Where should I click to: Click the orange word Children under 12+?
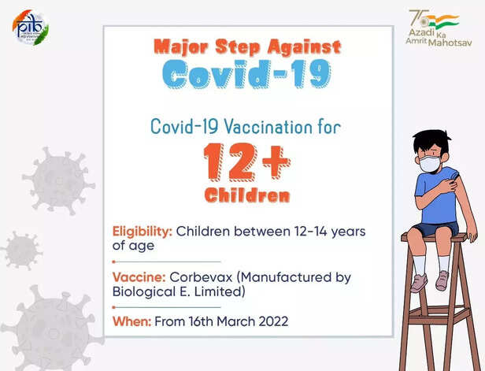247,195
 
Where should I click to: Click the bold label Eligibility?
143,232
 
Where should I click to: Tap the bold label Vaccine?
139,277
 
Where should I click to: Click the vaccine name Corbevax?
202,277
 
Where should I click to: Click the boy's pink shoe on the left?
419,282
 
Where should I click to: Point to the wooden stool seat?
433,237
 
